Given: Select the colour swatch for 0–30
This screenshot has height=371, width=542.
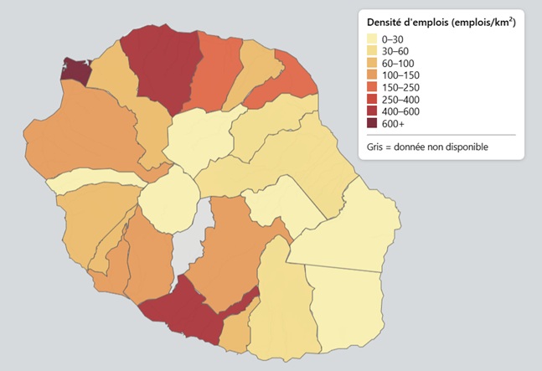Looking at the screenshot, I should (x=373, y=39).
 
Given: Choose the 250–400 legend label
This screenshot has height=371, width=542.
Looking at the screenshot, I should (x=400, y=100).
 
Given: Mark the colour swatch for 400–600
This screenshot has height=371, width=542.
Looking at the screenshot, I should (x=373, y=111).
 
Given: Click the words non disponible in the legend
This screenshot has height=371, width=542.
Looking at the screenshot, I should (x=457, y=147).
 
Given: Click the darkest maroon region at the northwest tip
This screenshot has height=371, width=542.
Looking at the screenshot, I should (x=75, y=70).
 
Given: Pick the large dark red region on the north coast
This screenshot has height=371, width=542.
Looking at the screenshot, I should (x=165, y=67).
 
